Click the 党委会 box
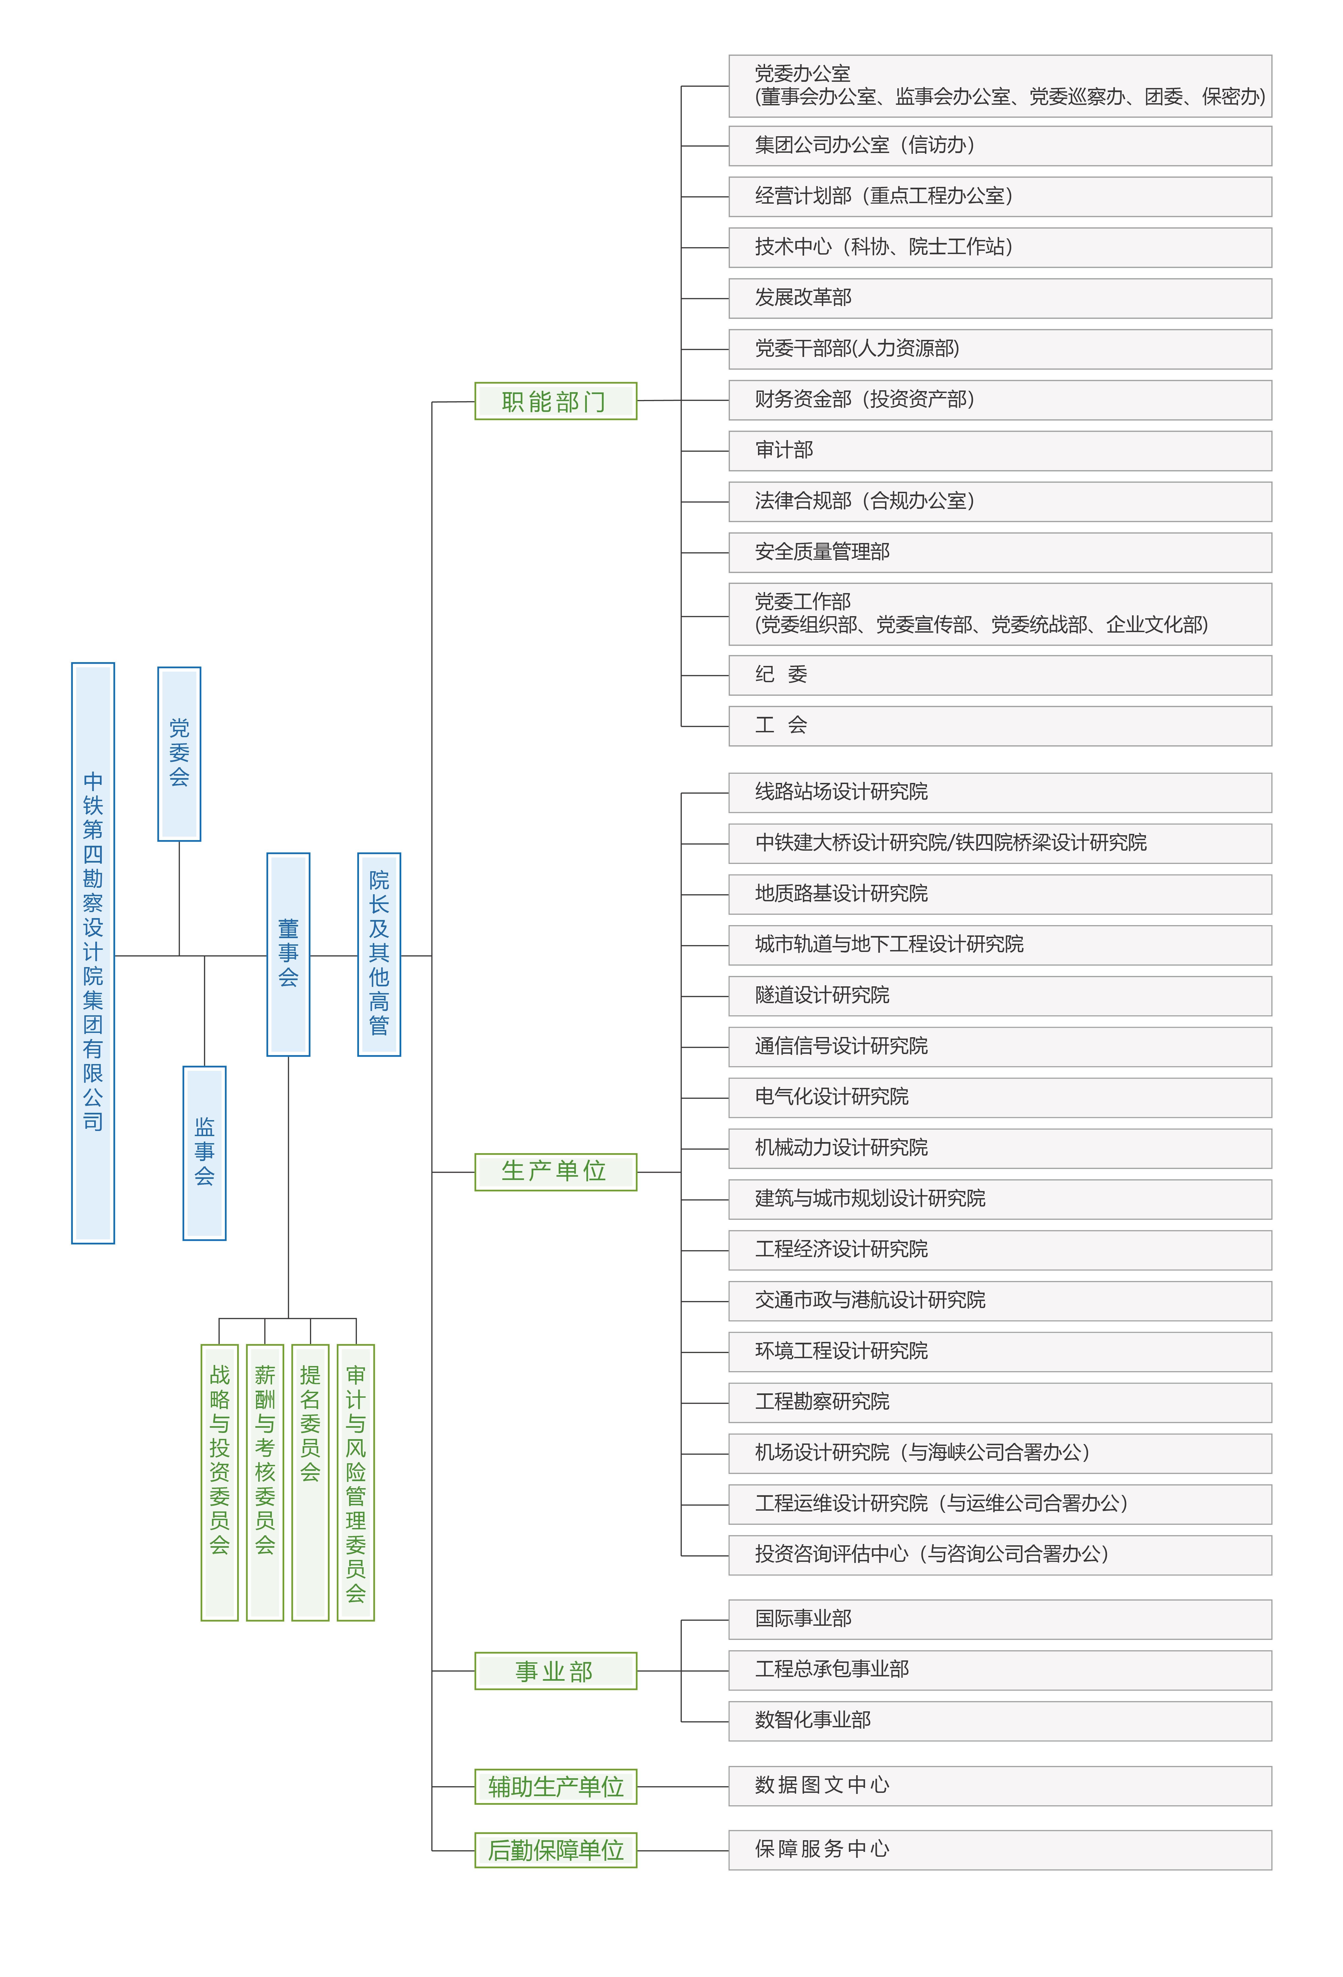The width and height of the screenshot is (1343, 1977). [179, 754]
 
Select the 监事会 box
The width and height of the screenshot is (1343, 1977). [204, 1153]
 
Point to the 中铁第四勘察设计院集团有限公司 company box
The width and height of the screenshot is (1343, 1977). [93, 953]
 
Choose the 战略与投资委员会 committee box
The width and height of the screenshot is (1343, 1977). [220, 1482]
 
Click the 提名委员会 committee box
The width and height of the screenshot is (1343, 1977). [311, 1482]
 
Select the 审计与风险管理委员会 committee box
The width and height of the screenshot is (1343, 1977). [355, 1482]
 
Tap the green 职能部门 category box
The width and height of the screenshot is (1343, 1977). [556, 401]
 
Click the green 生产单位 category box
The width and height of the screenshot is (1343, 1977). [556, 1171]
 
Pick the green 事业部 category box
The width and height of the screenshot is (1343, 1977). [556, 1671]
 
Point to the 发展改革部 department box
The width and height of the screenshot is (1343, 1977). [1000, 298]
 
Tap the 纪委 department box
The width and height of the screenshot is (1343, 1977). [1000, 675]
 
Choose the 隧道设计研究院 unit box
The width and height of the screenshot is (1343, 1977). [1000, 995]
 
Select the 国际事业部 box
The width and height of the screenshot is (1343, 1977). [1000, 1619]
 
